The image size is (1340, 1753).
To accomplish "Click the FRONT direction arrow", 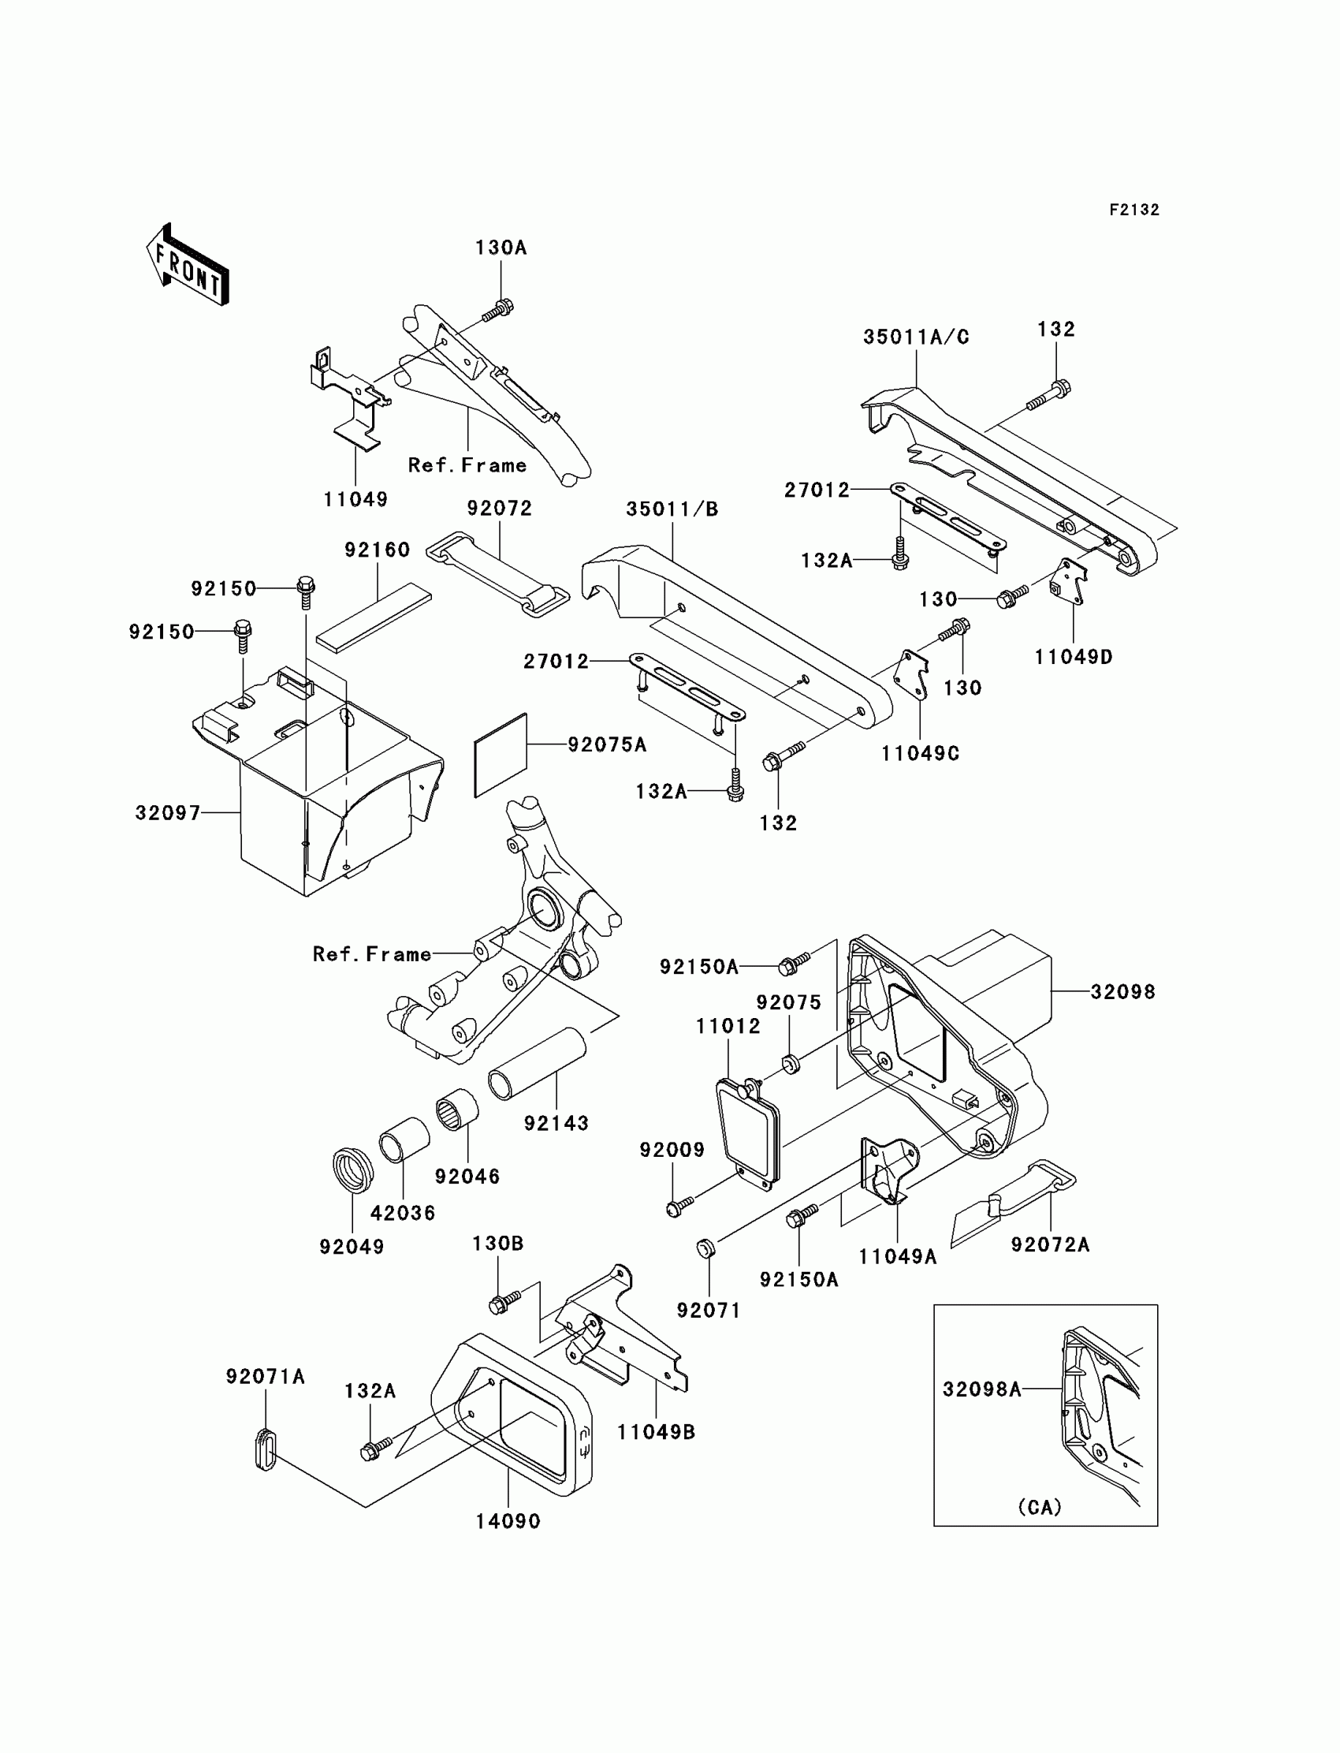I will tap(188, 266).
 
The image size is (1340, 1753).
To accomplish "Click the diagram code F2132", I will tap(1133, 210).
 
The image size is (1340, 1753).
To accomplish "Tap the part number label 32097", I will tap(166, 813).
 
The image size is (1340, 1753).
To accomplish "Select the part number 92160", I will tap(377, 550).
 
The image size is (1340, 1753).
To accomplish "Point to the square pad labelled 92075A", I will tap(501, 754).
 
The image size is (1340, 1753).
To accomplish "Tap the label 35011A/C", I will tap(916, 338).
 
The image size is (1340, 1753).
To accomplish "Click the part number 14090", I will tap(508, 1522).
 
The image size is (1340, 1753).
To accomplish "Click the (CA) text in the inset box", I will tap(1040, 1507).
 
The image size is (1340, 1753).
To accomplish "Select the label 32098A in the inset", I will tap(982, 1389).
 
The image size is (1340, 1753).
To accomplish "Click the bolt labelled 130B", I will tap(504, 1301).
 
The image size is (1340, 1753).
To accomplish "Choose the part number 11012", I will tap(728, 1026).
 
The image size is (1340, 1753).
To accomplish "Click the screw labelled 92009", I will tap(678, 1207).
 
